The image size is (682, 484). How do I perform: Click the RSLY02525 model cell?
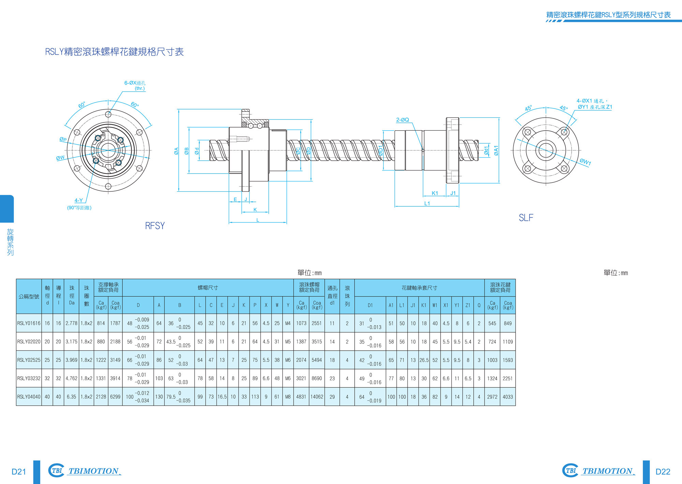pos(29,360)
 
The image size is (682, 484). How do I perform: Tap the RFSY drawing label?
pos(155,226)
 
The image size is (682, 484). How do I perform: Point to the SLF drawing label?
pos(526,218)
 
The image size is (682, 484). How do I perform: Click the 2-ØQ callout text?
pos(402,120)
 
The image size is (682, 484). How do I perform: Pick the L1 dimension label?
pos(427,203)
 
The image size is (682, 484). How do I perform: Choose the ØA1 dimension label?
pos(496,150)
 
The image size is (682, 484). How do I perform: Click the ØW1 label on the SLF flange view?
pos(585,162)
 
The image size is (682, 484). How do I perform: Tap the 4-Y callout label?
pos(79,200)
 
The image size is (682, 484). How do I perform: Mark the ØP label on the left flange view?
pos(63,139)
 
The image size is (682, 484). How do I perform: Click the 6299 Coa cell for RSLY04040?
pos(115,397)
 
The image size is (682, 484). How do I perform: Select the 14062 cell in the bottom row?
pos(317,397)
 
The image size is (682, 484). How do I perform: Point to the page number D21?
pos(19,472)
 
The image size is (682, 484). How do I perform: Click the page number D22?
pos(663,472)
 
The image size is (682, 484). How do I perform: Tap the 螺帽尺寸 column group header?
pos(208,288)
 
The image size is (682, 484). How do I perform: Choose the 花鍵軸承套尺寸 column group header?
pos(419,288)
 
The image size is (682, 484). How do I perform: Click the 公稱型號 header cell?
pos(29,296)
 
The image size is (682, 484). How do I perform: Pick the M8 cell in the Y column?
pos(288,397)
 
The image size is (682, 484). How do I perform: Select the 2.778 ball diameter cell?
pos(72,323)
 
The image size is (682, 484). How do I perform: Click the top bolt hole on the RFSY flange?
pos(108,114)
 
